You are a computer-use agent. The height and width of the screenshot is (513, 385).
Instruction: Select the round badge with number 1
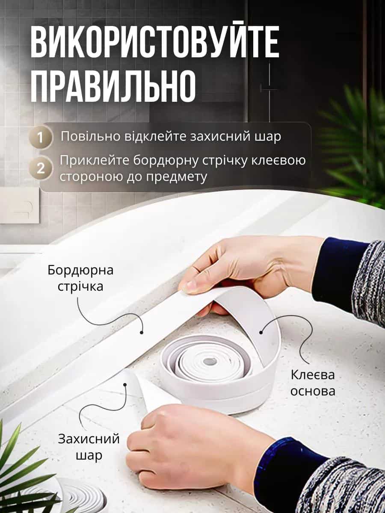[41, 138]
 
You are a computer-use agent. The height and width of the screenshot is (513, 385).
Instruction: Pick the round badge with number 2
[41, 168]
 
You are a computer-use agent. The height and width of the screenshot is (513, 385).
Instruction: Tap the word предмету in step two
[177, 177]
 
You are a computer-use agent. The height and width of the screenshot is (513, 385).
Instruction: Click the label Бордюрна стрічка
[80, 278]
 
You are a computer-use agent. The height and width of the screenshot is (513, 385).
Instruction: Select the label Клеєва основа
[313, 383]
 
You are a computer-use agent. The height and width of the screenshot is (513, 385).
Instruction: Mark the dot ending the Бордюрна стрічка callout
[141, 332]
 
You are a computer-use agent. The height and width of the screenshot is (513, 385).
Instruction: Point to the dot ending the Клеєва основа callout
[261, 332]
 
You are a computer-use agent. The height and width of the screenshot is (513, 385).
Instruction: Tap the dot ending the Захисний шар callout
[125, 385]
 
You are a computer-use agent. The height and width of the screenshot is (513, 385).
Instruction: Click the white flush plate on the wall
[19, 205]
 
